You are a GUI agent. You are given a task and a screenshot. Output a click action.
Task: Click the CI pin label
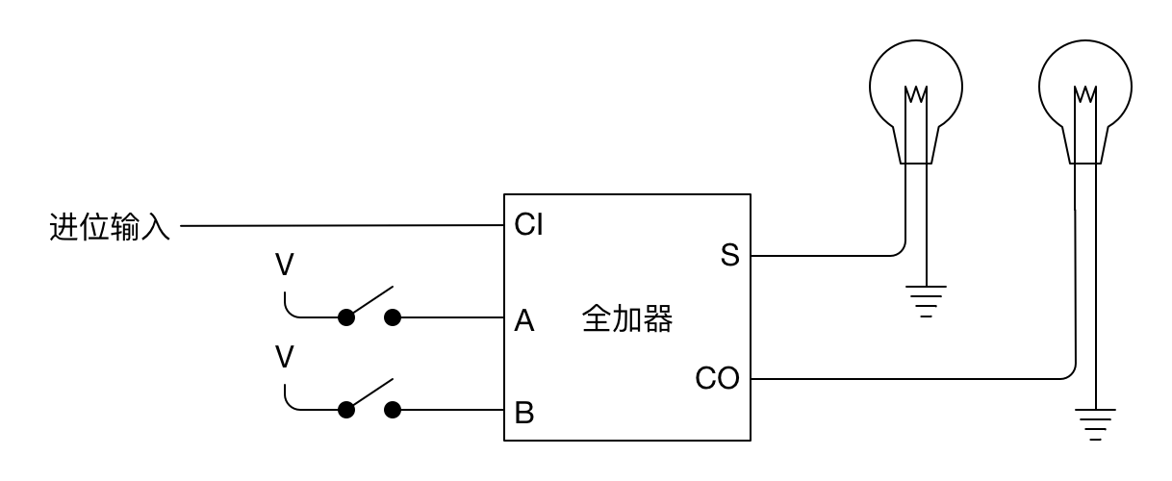[528, 225]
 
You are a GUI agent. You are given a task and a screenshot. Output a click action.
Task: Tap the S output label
[729, 256]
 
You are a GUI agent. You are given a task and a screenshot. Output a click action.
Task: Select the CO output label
[717, 379]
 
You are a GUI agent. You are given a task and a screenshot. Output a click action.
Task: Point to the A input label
[524, 319]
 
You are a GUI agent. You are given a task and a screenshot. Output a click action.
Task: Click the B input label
[524, 413]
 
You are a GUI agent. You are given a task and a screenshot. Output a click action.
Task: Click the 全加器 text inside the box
[626, 319]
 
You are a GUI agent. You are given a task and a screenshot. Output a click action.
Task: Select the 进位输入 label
[110, 228]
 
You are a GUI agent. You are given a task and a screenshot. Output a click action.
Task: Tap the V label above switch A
[285, 266]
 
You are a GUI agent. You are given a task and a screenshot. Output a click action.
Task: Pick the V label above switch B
[285, 358]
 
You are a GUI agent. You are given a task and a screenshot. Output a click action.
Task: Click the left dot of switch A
[345, 317]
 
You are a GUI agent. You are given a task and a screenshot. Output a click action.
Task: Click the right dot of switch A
[393, 317]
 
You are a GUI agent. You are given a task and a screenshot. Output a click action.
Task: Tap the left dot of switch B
[345, 410]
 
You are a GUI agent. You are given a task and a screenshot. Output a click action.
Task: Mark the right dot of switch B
[393, 410]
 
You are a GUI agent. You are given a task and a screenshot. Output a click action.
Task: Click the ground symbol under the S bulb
[925, 300]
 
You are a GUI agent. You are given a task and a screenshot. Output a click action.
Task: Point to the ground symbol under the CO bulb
[1094, 423]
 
